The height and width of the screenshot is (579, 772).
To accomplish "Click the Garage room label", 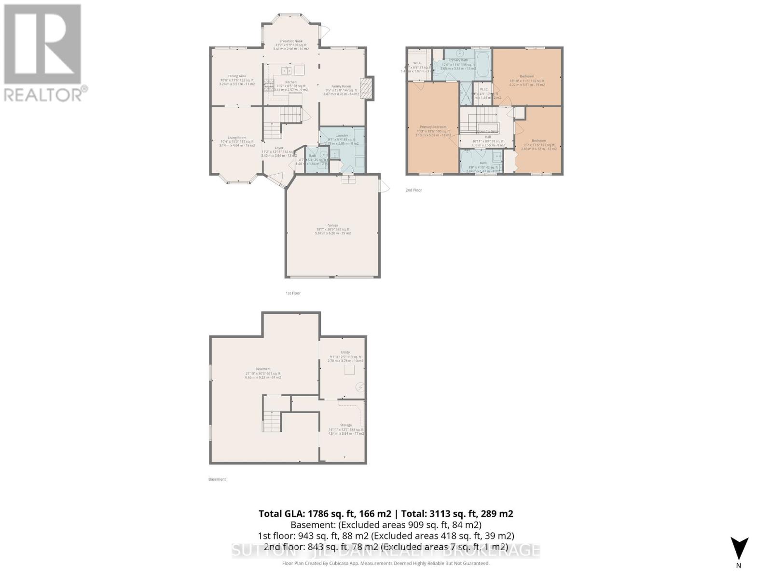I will [x=333, y=225].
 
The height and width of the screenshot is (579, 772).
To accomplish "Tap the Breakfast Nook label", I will [x=291, y=41].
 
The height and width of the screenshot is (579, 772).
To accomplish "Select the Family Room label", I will [x=341, y=86].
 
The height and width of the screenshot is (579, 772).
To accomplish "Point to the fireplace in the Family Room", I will [x=368, y=89].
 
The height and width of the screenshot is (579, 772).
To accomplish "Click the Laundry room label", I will [x=342, y=136].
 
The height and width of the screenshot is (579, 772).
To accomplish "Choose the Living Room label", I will [x=237, y=138].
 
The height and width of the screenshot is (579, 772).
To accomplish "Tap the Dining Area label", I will [x=237, y=76].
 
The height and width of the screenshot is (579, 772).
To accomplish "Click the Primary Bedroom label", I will [x=433, y=127].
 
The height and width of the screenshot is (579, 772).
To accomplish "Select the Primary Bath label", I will [x=458, y=60].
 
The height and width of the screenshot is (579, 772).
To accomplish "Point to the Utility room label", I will [x=345, y=352].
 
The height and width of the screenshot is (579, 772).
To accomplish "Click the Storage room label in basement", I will [x=345, y=425].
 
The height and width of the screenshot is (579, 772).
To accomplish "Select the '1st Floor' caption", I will [x=293, y=293].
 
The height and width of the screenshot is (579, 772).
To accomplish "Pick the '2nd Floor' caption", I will [x=414, y=190].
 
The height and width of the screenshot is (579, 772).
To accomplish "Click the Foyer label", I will [x=279, y=148].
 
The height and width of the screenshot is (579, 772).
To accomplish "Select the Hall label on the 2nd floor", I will [x=488, y=137].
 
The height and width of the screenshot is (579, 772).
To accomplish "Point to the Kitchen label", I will [x=290, y=82].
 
